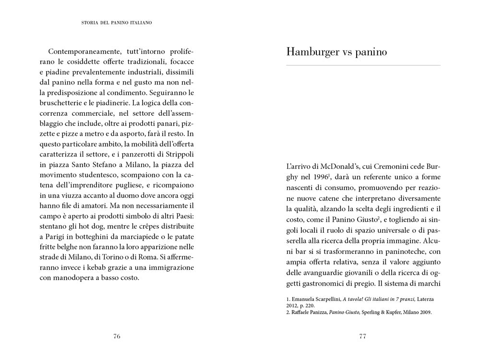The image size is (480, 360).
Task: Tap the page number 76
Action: point(117,336)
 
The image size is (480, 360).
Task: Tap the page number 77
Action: point(362,336)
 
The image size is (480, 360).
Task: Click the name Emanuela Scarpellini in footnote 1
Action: point(315,299)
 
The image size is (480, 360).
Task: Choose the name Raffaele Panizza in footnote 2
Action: point(312,312)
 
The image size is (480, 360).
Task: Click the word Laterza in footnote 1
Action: point(425,299)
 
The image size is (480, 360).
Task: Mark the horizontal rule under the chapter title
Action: point(362,65)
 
